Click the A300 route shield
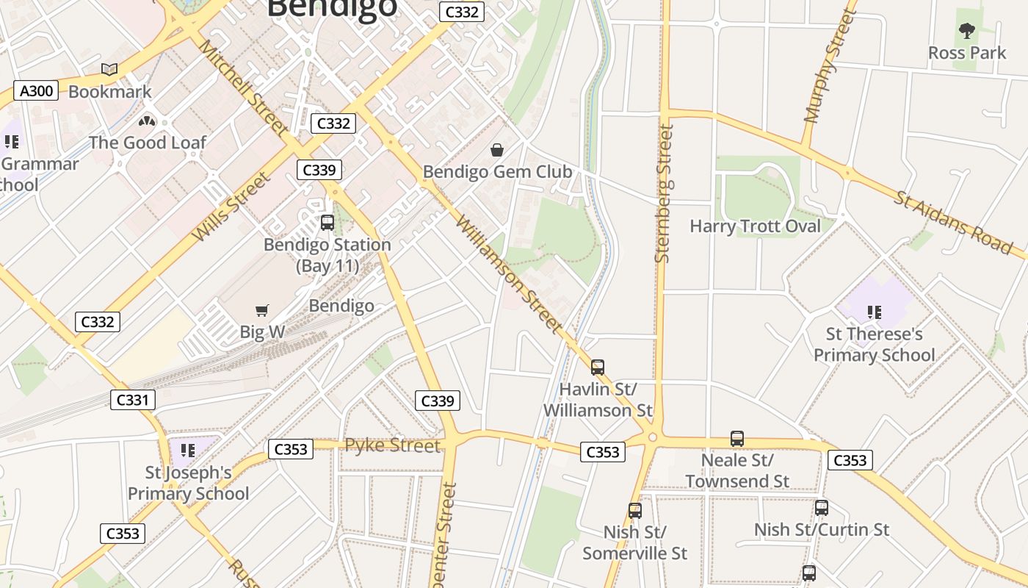tap(36, 91)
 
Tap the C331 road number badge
tap(133, 400)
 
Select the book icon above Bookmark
tap(109, 69)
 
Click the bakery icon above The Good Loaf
tap(147, 121)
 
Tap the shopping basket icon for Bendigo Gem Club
tap(497, 150)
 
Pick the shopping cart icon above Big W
tap(262, 311)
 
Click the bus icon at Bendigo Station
tap(327, 222)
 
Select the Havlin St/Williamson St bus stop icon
tap(598, 367)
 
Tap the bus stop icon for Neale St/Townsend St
tap(737, 439)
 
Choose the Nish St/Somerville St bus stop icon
tap(635, 510)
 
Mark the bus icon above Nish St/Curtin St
tap(822, 507)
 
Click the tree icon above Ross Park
tap(967, 31)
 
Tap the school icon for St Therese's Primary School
tap(874, 312)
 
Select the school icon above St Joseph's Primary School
tap(188, 450)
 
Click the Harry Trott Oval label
tap(755, 226)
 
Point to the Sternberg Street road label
tap(663, 193)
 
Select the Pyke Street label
tap(393, 445)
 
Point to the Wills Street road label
tap(231, 207)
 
